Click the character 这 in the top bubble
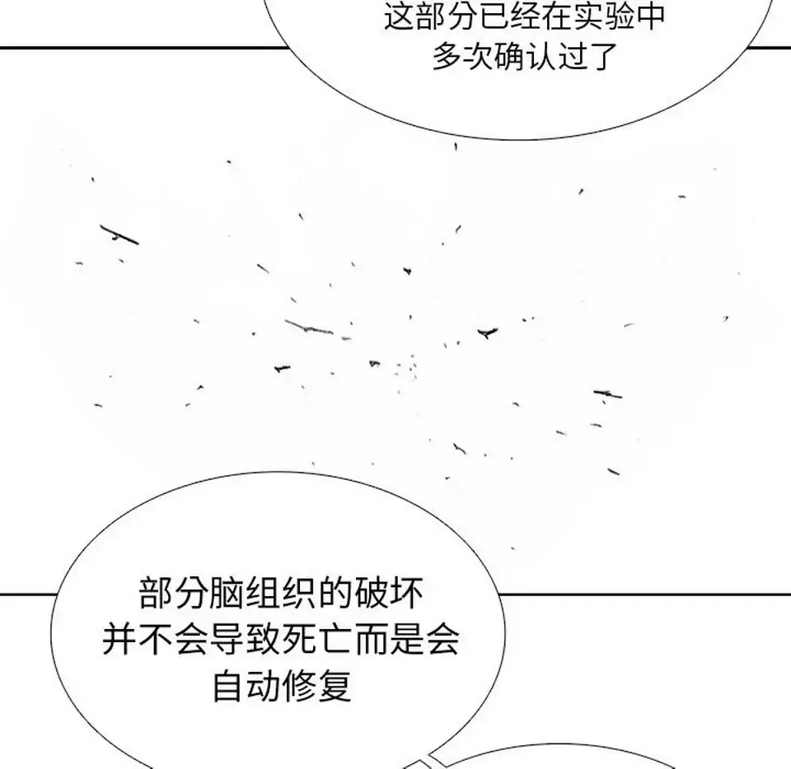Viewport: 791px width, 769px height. coord(400,16)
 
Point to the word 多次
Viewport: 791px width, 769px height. coord(462,55)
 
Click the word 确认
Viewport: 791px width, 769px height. coord(525,55)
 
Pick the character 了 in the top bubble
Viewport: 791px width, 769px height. coord(603,55)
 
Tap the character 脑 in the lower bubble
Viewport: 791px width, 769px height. coord(227,593)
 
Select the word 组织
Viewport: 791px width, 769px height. coord(281,593)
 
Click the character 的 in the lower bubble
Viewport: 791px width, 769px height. coord(335,593)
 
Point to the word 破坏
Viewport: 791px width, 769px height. coord(389,593)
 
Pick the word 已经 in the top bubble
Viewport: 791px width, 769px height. coord(477,16)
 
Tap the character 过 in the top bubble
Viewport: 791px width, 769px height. coord(572,55)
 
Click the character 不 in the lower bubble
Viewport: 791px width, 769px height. coord(155,639)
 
